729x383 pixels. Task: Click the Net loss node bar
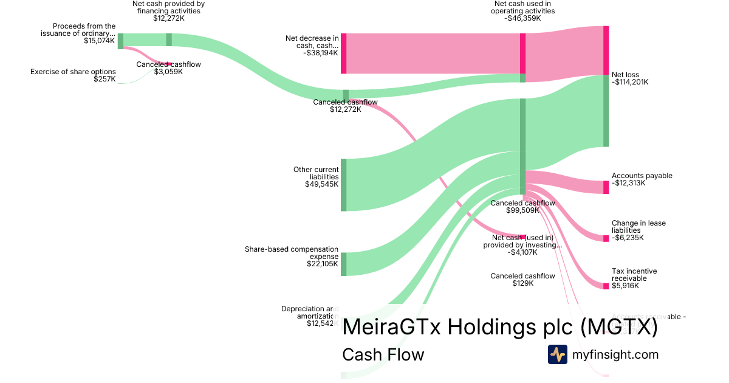[x=606, y=86]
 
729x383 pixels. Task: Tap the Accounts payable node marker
[x=606, y=187]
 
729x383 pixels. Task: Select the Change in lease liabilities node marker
[x=606, y=238]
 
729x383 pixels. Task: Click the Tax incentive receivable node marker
[x=606, y=286]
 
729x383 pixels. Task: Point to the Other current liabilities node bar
[x=344, y=185]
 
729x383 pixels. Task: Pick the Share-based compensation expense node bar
[x=344, y=264]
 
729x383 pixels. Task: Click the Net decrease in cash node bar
[x=344, y=53]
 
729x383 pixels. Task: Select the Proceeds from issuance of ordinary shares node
[x=120, y=41]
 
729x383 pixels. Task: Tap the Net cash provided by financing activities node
[x=169, y=40]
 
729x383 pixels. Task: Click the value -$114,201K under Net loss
[x=630, y=82]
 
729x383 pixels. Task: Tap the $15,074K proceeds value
[x=100, y=41]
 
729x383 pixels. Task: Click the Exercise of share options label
[x=73, y=72]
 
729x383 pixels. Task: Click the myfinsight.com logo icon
[x=557, y=354]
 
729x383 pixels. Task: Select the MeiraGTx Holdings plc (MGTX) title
[x=500, y=327]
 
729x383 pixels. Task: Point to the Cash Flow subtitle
[x=383, y=354]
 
